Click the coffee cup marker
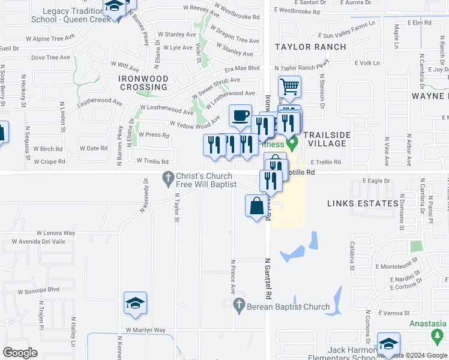[x=240, y=115]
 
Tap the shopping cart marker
[x=289, y=87]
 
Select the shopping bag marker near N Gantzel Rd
[x=256, y=206]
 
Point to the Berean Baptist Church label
[x=289, y=307]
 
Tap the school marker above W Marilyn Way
[x=135, y=303]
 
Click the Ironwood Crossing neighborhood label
[x=143, y=83]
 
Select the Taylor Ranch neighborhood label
[x=310, y=47]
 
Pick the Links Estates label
[x=363, y=203]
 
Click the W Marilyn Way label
[x=145, y=330]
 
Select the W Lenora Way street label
[x=56, y=233]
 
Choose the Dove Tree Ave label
[x=51, y=58]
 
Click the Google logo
[x=20, y=352]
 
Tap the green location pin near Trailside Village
[x=292, y=143]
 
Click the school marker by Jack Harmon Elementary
[x=388, y=344]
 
